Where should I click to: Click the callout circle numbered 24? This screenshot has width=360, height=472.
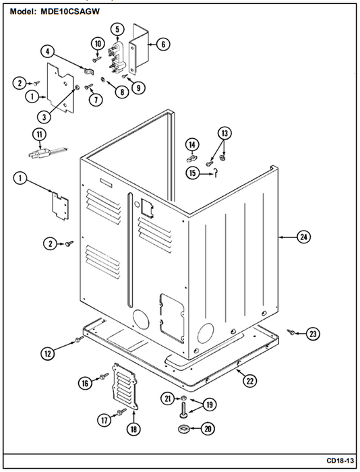(x=303, y=237)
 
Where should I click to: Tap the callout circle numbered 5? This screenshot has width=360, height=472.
(x=117, y=29)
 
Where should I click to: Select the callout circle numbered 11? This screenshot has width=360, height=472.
(x=39, y=134)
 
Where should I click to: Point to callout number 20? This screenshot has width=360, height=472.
(x=208, y=428)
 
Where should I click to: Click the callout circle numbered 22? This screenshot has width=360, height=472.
(x=250, y=381)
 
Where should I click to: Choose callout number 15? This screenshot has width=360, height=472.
(x=192, y=173)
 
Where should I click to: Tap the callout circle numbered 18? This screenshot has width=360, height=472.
(x=133, y=429)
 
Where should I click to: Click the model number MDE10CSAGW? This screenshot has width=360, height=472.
(x=70, y=11)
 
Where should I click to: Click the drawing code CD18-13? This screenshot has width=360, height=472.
(x=340, y=461)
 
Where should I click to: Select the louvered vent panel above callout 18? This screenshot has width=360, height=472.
(x=124, y=386)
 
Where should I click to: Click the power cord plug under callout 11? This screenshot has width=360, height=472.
(x=48, y=152)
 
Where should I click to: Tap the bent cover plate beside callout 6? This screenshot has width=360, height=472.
(x=140, y=48)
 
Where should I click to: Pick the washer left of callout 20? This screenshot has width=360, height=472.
(x=183, y=428)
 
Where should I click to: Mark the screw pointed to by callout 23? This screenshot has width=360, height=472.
(x=291, y=332)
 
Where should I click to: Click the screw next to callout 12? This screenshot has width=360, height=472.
(x=79, y=339)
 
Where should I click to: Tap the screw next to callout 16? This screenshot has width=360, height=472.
(x=104, y=376)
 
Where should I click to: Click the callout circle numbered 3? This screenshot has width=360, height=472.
(x=44, y=117)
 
